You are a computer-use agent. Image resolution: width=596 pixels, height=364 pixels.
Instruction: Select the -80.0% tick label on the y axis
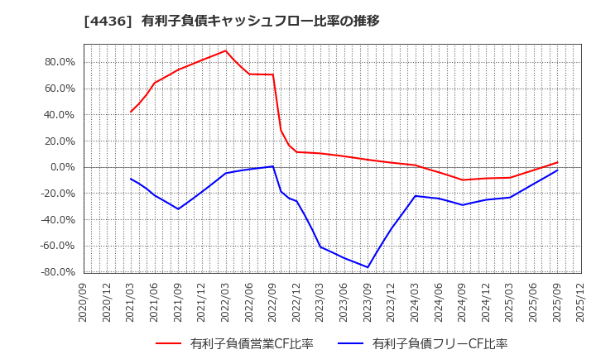coord(55,272)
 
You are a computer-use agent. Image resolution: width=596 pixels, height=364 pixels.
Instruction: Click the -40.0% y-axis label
coord(55,220)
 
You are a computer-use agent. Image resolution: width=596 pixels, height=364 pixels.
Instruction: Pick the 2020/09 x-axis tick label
coord(84,302)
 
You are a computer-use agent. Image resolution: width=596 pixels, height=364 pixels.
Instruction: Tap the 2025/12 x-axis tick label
coord(581,302)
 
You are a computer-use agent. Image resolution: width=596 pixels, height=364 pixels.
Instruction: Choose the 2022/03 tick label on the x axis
coord(226,302)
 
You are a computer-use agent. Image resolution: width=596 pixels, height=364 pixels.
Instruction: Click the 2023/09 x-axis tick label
coord(368,302)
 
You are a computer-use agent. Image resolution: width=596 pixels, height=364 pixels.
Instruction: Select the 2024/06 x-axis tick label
coord(439,302)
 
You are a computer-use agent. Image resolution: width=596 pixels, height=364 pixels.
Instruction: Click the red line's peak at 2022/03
coord(226,50)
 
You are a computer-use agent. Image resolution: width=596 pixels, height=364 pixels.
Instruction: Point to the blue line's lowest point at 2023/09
coord(368,267)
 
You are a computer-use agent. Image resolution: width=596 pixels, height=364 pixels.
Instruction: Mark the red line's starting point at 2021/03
coord(131,112)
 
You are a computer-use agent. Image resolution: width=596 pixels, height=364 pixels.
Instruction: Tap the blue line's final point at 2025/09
coord(557,170)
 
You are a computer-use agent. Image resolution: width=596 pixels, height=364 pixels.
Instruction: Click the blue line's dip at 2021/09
coord(178,208)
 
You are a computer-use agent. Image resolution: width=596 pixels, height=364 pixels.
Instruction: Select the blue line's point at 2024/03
coord(416,196)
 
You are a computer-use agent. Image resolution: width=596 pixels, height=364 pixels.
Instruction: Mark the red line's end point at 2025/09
coord(557,162)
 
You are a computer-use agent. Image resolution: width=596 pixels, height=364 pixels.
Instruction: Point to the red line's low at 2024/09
coord(463,180)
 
